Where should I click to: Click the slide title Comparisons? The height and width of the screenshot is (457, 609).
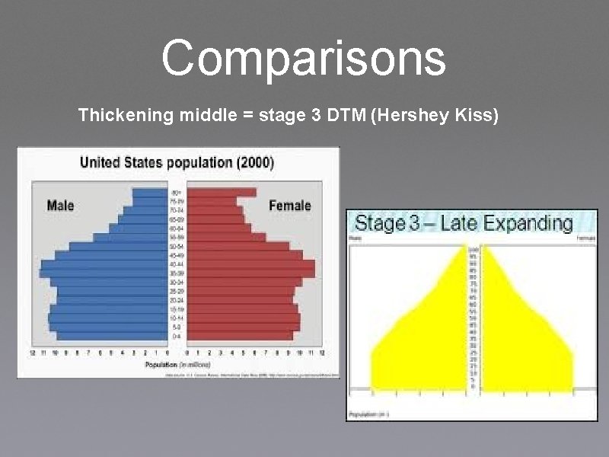[x=303, y=59]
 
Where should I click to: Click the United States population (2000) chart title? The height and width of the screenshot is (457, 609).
[x=177, y=162]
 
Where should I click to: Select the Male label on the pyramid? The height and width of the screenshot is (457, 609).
[x=61, y=205]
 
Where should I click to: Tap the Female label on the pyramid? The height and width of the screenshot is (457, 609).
[x=290, y=205]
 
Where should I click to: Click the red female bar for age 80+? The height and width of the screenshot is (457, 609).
[x=221, y=193]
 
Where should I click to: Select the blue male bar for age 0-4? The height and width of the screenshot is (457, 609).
[x=110, y=335]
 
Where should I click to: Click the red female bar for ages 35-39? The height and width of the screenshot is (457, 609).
[x=250, y=273]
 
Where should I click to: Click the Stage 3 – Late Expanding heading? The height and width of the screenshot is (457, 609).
[x=464, y=223]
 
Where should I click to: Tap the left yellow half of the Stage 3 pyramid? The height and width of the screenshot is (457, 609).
[x=426, y=343]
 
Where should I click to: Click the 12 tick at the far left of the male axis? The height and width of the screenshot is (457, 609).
[x=32, y=353]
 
